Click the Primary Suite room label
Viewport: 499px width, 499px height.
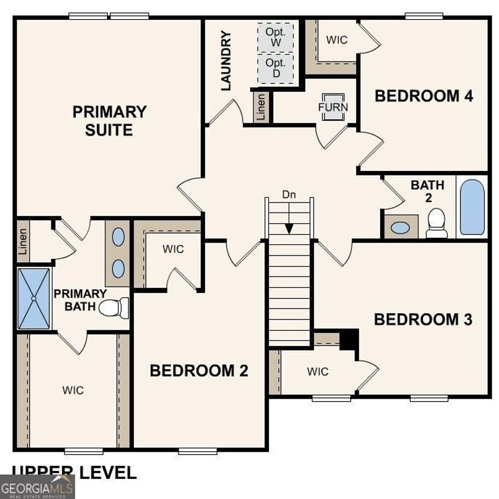tap(109, 121)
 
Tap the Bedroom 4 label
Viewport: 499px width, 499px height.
tap(423, 96)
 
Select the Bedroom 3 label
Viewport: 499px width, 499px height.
tap(423, 320)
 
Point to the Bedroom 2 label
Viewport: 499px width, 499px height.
tap(199, 370)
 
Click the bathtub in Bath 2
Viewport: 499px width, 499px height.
tap(472, 207)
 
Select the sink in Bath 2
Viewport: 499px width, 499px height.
tap(401, 228)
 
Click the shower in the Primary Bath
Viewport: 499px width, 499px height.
tap(34, 298)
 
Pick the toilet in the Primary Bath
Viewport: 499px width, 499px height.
tap(114, 308)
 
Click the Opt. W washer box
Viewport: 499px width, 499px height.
tap(276, 37)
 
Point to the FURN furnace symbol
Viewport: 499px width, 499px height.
tap(333, 107)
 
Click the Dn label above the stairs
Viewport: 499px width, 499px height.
tap(289, 194)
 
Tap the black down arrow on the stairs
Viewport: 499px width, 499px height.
tap(289, 228)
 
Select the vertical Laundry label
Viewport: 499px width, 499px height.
tap(226, 60)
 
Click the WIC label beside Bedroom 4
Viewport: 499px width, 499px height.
tap(337, 40)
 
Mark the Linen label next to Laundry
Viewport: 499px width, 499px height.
tap(261, 107)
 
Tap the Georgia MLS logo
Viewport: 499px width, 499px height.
tap(37, 487)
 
